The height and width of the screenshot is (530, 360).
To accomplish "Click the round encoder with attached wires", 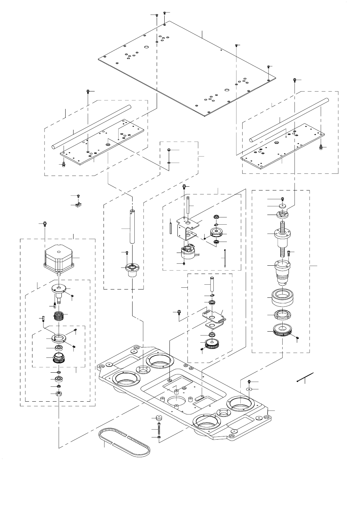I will tap(186, 254).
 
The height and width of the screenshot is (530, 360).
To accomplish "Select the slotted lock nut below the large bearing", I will tap(282, 315).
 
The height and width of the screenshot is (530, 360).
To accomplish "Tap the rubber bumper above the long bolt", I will tap(159, 417).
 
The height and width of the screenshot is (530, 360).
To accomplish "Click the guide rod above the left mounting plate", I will tap(91, 127).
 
